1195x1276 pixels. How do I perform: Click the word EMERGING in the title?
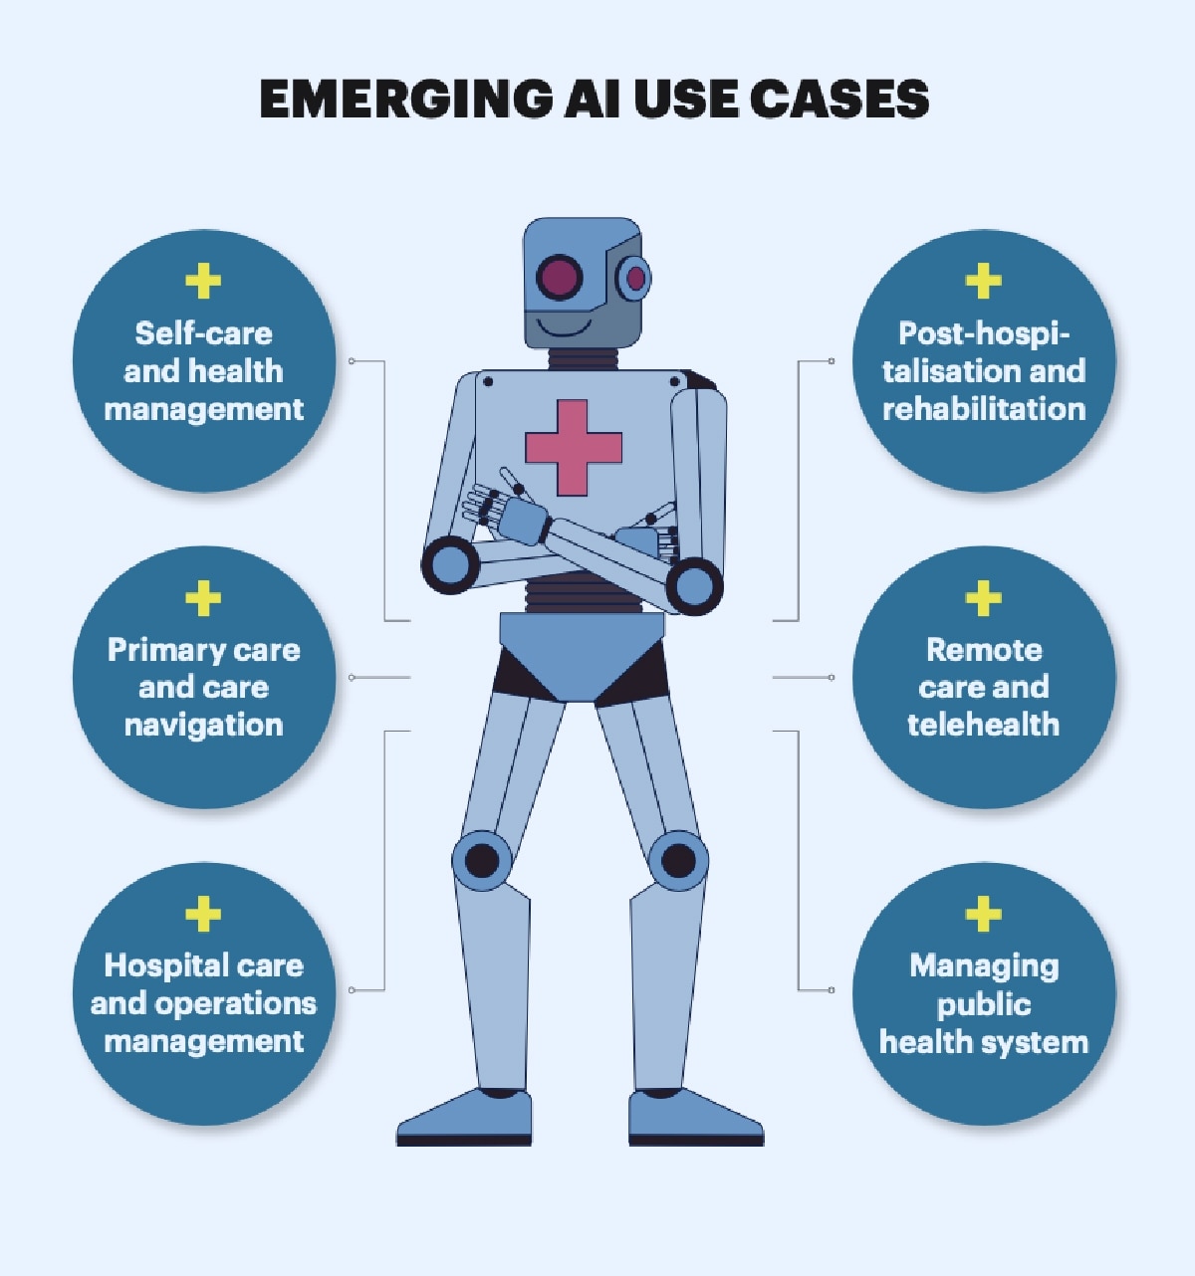[405, 99]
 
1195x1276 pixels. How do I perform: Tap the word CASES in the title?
[838, 99]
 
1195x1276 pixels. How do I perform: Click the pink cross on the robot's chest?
[573, 447]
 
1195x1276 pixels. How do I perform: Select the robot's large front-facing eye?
[559, 278]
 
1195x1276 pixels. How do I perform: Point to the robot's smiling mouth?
[564, 327]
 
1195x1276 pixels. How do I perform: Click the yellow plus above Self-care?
[203, 281]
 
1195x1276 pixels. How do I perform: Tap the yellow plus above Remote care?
[983, 597]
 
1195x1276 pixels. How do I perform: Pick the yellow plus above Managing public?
[983, 913]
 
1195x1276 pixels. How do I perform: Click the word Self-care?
[204, 333]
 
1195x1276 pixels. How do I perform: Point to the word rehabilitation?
[984, 409]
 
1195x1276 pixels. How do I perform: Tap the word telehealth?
[983, 725]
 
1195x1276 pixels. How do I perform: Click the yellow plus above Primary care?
[203, 597]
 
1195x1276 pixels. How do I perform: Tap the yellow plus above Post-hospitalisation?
[983, 281]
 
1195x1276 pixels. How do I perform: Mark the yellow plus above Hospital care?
[203, 913]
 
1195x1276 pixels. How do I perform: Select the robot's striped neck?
[583, 358]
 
